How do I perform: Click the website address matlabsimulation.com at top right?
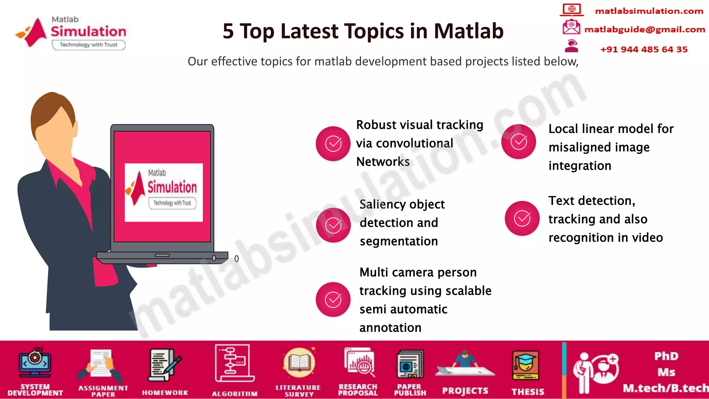tap(649, 11)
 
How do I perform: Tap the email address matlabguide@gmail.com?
tap(644, 29)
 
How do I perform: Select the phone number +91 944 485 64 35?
tap(644, 49)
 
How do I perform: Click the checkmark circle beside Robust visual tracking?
tap(333, 143)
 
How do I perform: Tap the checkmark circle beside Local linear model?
tap(519, 141)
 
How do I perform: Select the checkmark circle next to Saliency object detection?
tap(333, 225)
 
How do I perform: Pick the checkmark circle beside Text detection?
tap(522, 218)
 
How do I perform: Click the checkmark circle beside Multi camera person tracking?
tap(333, 300)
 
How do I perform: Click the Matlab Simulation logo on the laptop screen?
tap(163, 192)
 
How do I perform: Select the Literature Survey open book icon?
tap(299, 363)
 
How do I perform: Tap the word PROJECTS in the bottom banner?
tap(465, 391)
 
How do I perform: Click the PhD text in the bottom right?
tap(666, 356)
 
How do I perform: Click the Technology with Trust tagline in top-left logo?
tap(89, 45)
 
